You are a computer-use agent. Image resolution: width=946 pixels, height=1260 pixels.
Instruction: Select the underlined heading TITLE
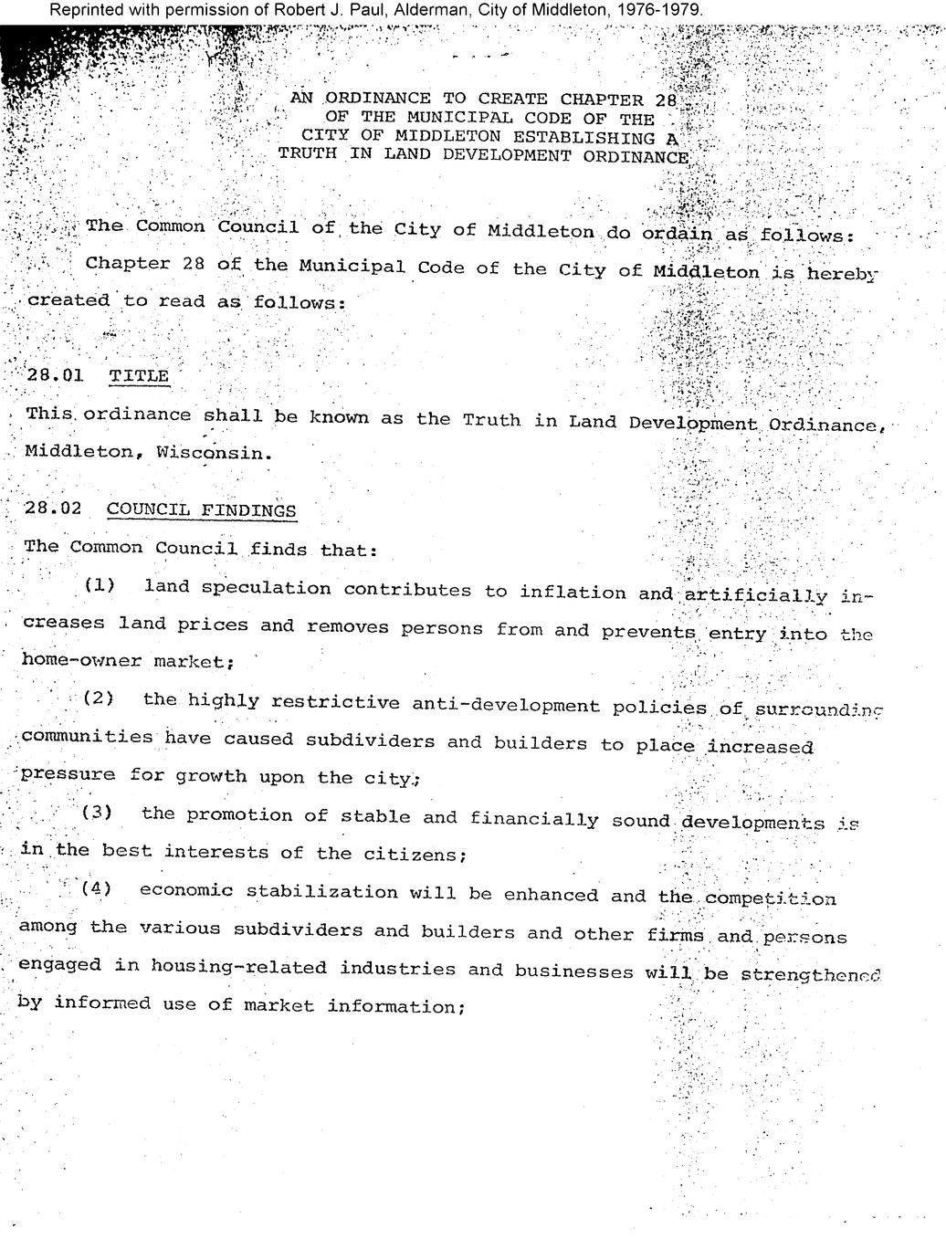pyautogui.click(x=139, y=376)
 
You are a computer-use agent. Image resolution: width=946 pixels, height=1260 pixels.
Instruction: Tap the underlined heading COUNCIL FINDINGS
pyautogui.click(x=201, y=509)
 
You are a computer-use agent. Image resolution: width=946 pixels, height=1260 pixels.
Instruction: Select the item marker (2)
pyautogui.click(x=99, y=698)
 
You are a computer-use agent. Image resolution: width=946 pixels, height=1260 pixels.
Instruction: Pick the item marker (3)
pyautogui.click(x=97, y=812)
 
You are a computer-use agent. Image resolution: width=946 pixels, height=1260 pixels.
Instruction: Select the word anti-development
pyautogui.click(x=506, y=705)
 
